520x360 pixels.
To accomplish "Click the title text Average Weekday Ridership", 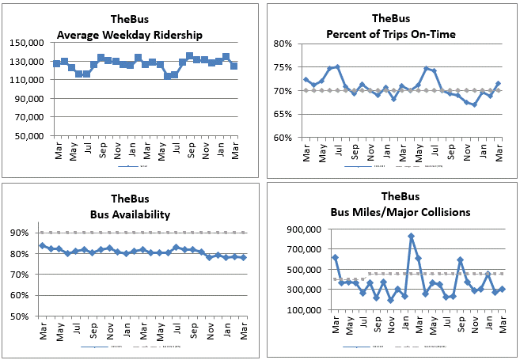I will pyautogui.click(x=129, y=34).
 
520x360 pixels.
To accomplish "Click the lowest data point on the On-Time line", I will pyautogui.click(x=474, y=104).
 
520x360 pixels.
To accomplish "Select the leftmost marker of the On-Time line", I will pyautogui.click(x=306, y=80).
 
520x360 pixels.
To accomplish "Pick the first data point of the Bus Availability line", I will pyautogui.click(x=42, y=245).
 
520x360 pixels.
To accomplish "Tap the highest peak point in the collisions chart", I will pyautogui.click(x=411, y=236).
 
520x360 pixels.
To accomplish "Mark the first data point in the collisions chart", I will pyautogui.click(x=335, y=258).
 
